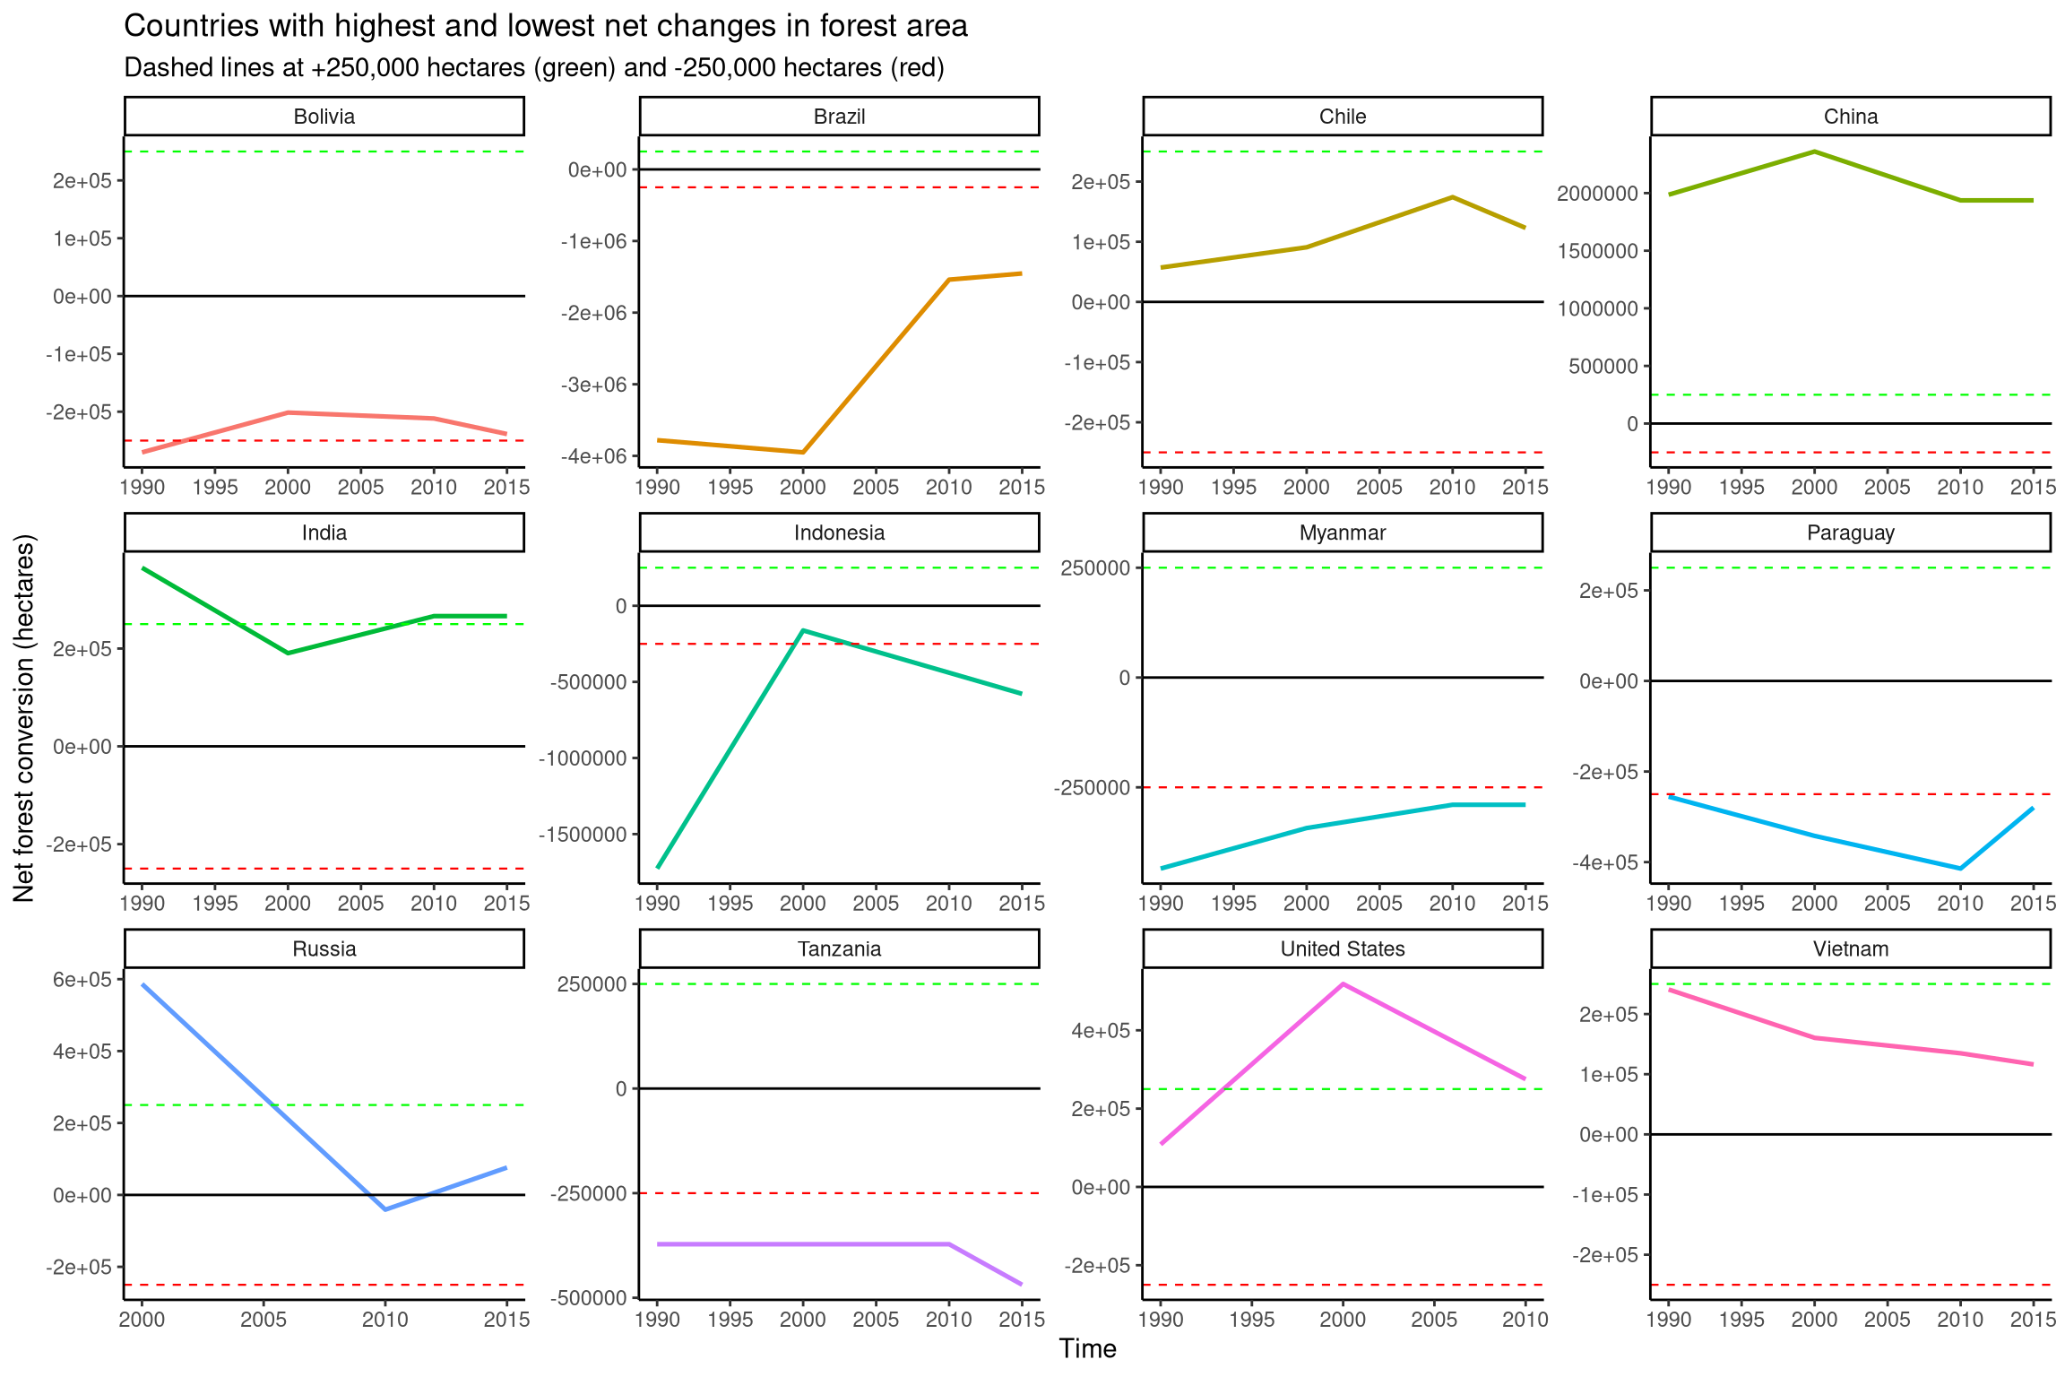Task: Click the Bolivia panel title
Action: pos(324,117)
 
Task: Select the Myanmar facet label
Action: pos(1342,533)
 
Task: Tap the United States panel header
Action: pos(1342,948)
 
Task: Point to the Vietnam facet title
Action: pos(1850,948)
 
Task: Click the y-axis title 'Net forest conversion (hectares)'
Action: pos(24,717)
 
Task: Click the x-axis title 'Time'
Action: pos(1087,1348)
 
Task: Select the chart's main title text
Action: pos(545,26)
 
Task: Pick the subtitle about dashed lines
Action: pos(534,68)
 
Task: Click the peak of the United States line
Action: pos(1343,984)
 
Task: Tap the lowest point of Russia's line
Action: pos(385,1209)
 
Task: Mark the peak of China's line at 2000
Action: pos(1814,152)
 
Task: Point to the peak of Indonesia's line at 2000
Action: pos(803,630)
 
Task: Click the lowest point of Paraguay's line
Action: pos(1960,869)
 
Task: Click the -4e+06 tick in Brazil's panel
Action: pos(594,456)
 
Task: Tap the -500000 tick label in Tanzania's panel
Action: pos(591,1297)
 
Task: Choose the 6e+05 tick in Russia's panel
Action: pos(82,980)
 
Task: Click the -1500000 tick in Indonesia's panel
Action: pos(583,835)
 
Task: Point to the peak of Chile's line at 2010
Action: pos(1452,197)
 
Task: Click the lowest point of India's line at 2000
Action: pos(288,653)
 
